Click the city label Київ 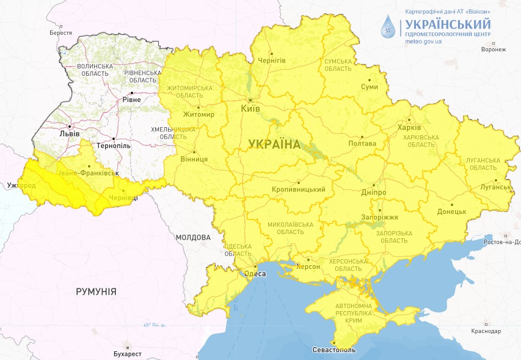coord(250,108)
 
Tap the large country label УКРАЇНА coord(274,144)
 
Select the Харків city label coord(409,128)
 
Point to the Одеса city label coord(255,274)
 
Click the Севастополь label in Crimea coord(333,350)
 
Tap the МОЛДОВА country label coord(193,237)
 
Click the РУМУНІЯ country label coord(96,292)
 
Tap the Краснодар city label coord(487,331)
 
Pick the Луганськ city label coord(496,186)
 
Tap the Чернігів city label coord(272,61)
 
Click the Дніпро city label coord(373,192)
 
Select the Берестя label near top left coord(60,33)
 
